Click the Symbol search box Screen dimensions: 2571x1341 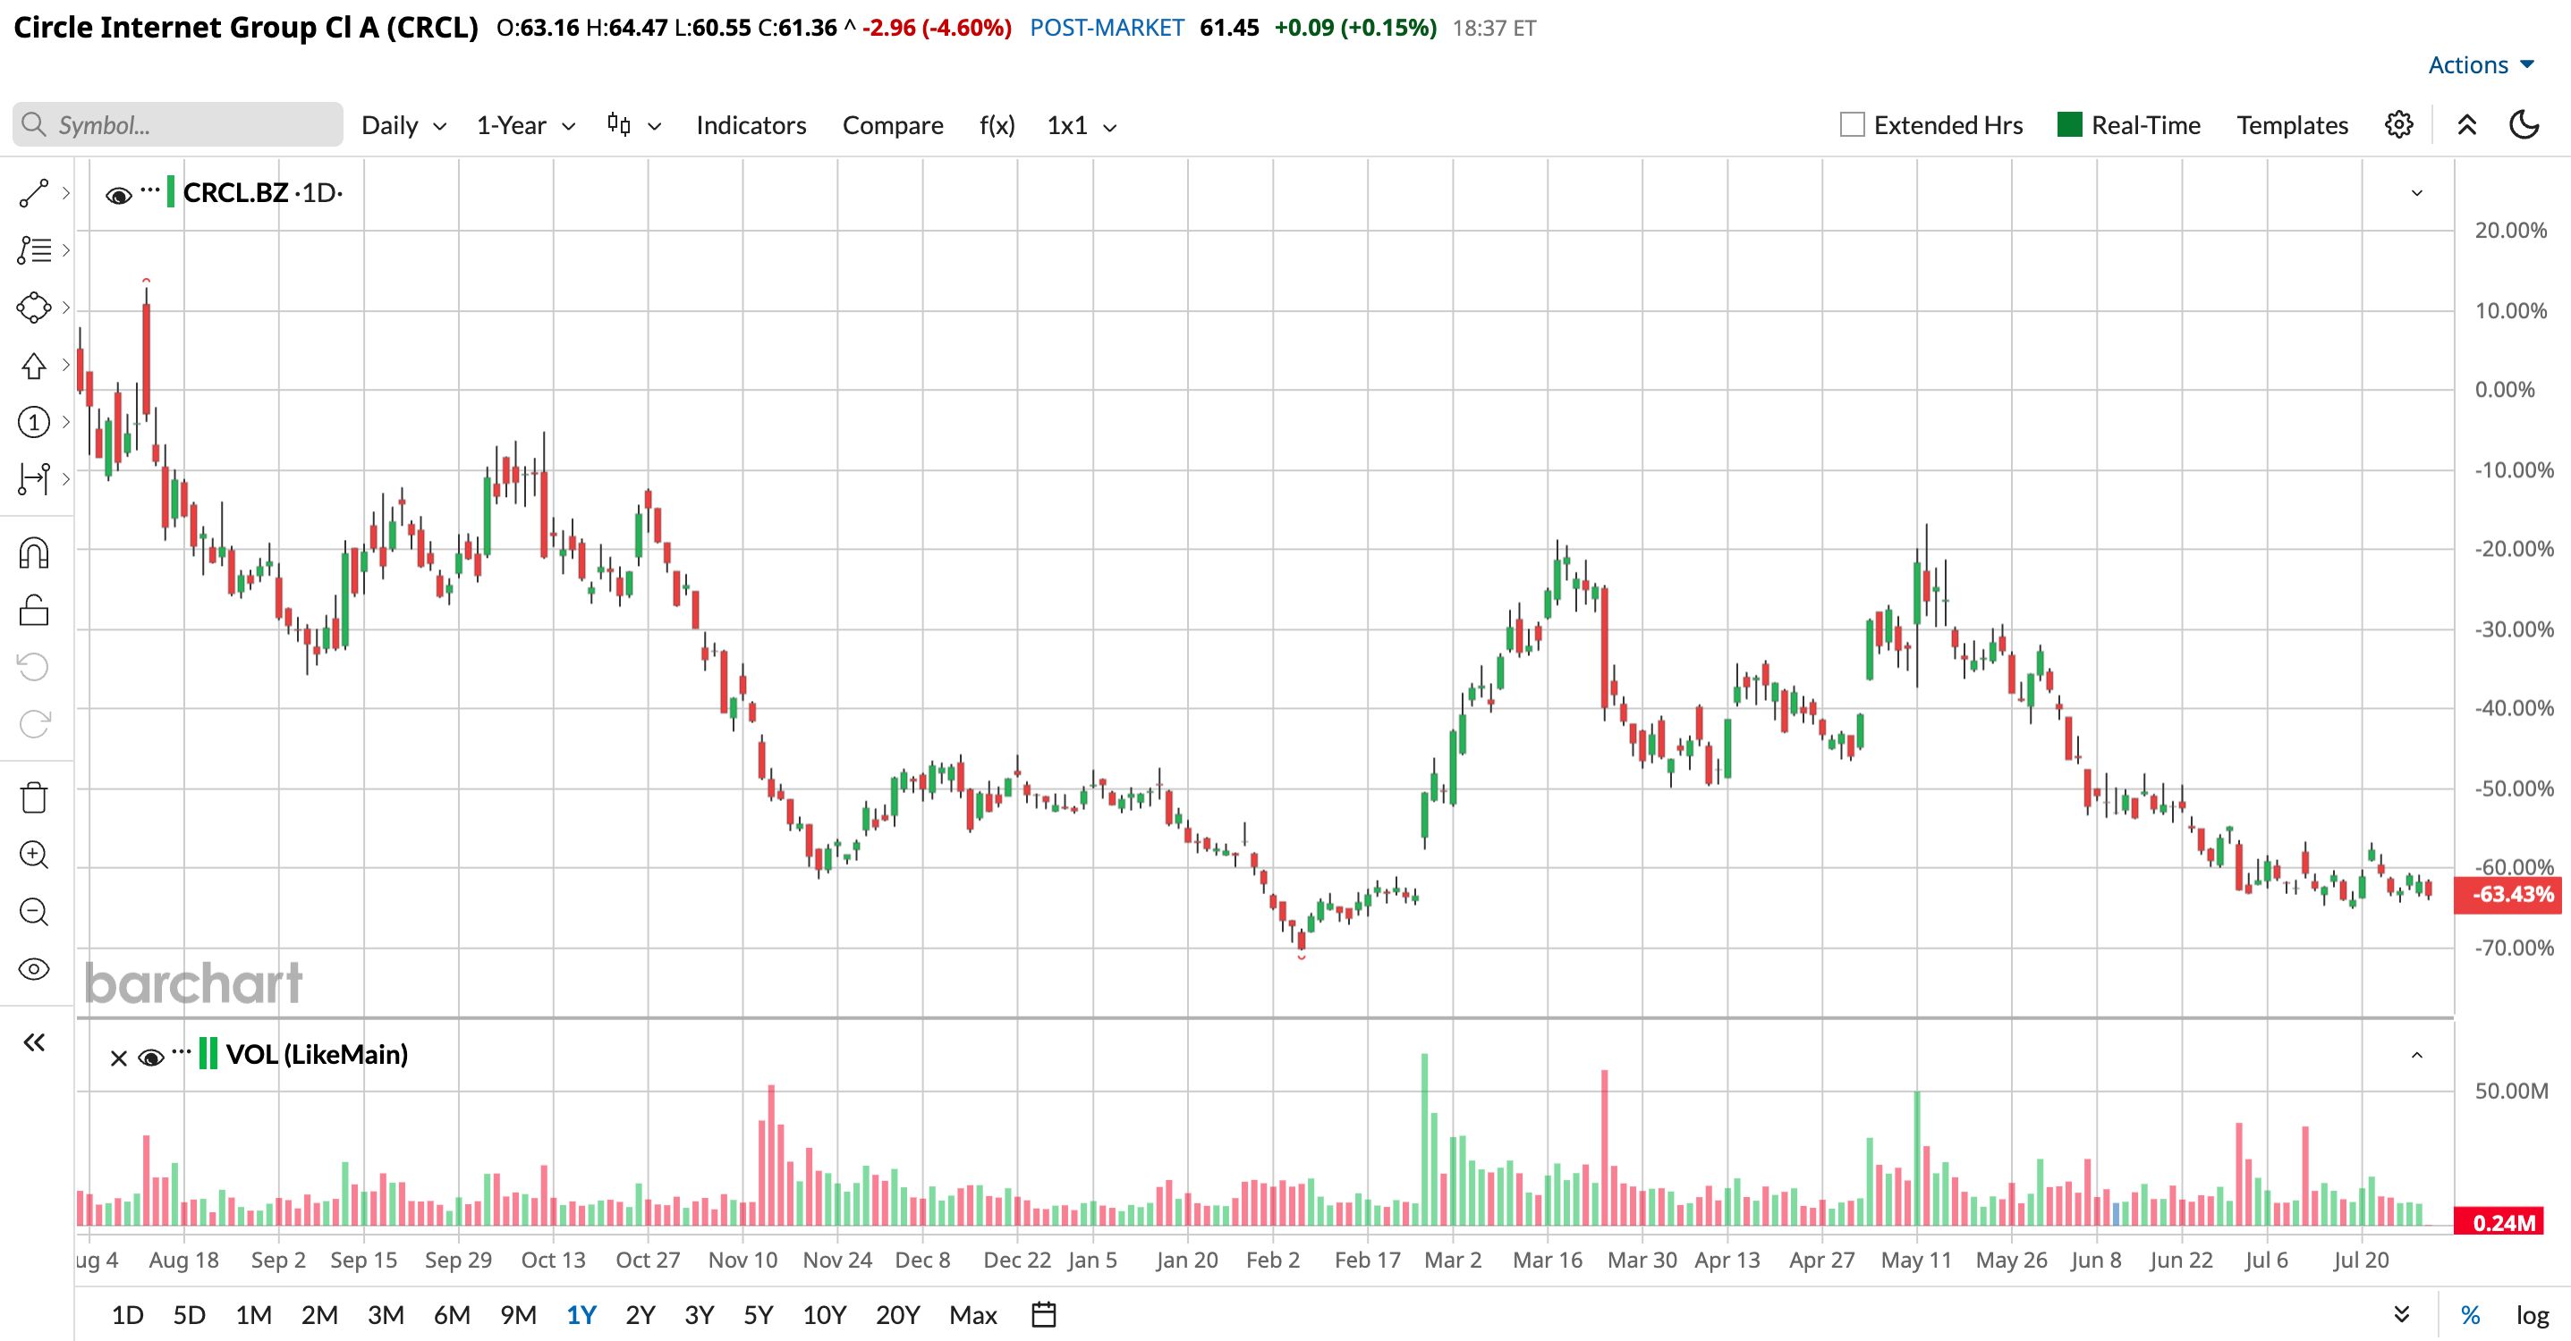(x=178, y=125)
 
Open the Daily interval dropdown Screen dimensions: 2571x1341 (x=403, y=126)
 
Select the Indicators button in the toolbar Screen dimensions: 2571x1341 (x=751, y=126)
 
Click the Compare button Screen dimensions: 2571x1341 (x=892, y=126)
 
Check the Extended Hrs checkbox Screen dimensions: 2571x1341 (x=1852, y=125)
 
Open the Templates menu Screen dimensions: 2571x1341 (x=2292, y=126)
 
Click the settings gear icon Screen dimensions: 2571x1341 (x=2399, y=125)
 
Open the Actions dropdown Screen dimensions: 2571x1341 (x=2480, y=65)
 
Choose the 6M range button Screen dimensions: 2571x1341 (x=451, y=1315)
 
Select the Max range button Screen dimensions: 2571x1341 (x=973, y=1315)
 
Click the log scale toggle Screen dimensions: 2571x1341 (x=2532, y=1315)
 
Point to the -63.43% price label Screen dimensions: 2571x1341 (x=2513, y=894)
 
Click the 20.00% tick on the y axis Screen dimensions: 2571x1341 (x=2510, y=231)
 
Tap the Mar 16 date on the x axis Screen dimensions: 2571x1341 (x=1547, y=1261)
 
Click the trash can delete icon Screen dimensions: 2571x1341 (x=34, y=797)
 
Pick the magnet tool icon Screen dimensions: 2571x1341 (x=34, y=552)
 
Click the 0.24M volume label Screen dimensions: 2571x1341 (x=2504, y=1222)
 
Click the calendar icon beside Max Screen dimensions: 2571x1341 (x=1044, y=1315)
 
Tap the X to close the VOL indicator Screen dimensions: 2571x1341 (x=118, y=1058)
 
